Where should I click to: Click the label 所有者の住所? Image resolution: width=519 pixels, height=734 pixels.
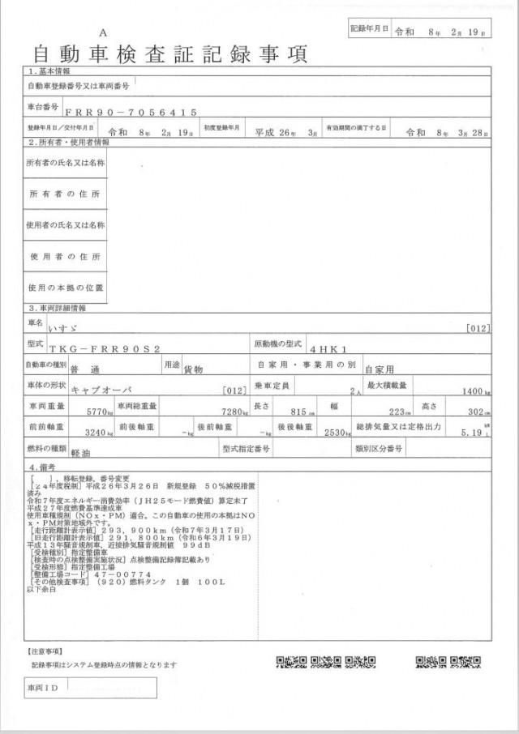[x=66, y=195]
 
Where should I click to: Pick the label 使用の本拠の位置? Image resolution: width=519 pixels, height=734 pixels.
[x=66, y=288]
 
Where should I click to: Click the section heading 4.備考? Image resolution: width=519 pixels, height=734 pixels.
[x=44, y=467]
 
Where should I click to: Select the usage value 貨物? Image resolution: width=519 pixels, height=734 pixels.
[x=194, y=369]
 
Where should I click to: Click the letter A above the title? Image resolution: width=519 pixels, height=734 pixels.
[x=102, y=32]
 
